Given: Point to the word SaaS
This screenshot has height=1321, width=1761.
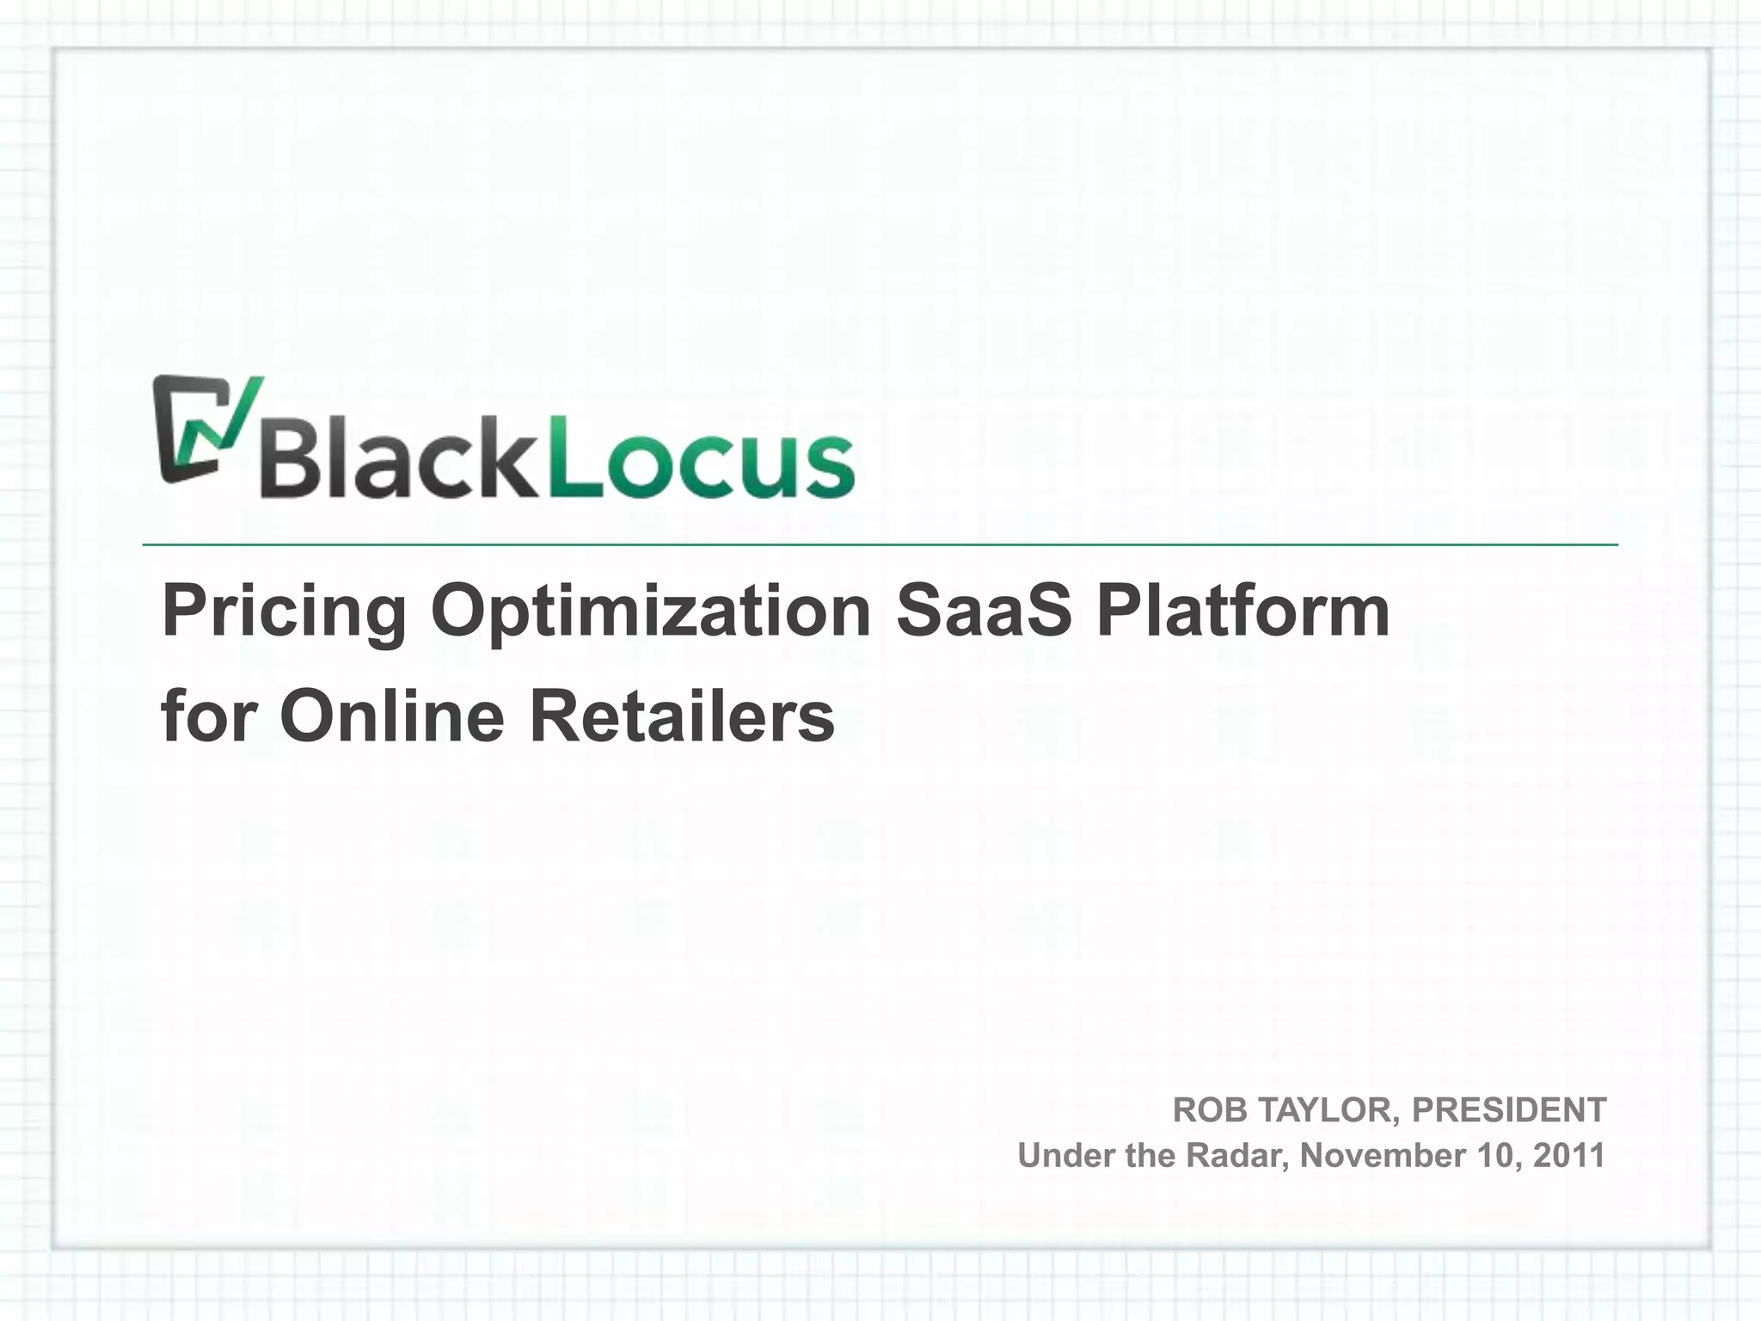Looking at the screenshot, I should click(984, 611).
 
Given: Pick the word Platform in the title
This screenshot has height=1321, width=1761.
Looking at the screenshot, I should click(1243, 611).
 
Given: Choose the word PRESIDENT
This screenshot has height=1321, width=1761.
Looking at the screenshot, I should click(1509, 1110).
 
